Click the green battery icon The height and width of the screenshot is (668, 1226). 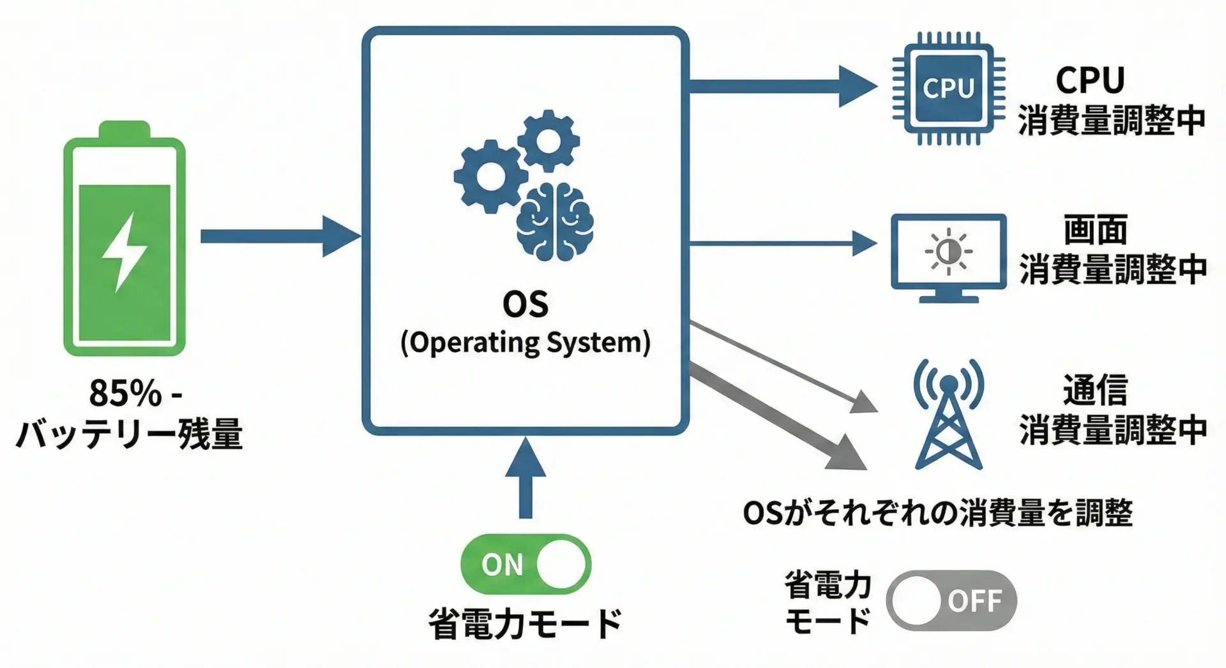pos(125,239)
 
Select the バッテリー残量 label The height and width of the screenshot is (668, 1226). pos(129,434)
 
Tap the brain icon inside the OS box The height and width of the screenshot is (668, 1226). pos(554,221)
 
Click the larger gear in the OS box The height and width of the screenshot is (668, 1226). pos(488,176)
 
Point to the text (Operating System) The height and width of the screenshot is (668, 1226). pos(525,343)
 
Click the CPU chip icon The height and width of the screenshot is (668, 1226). pos(948,89)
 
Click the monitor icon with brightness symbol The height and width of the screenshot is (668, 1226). pos(948,255)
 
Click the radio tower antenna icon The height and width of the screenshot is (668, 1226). pos(949,415)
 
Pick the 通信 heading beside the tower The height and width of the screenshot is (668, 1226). pos(1094,390)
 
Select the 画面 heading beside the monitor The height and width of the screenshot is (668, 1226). pos(1094,230)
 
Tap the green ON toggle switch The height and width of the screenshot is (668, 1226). pos(526,565)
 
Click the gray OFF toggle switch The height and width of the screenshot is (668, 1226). pos(951,600)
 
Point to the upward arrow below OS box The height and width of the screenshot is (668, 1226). pos(526,479)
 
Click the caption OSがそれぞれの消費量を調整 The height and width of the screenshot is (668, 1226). pos(937,513)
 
